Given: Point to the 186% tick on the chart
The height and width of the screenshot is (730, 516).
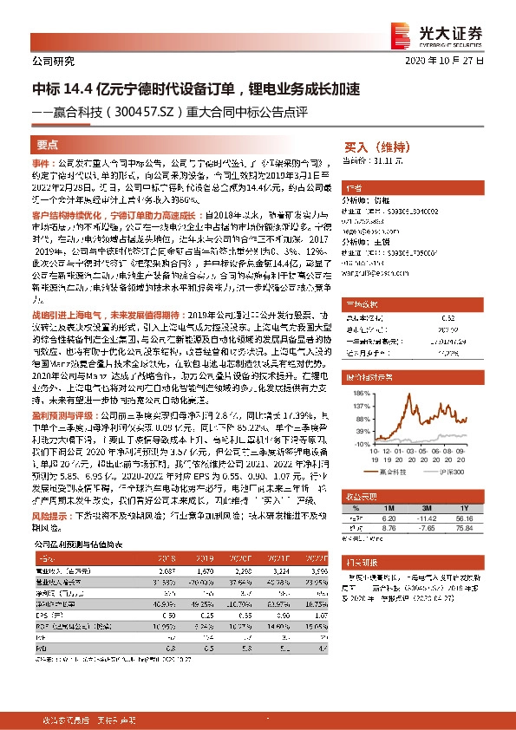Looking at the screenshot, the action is [x=360, y=393].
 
